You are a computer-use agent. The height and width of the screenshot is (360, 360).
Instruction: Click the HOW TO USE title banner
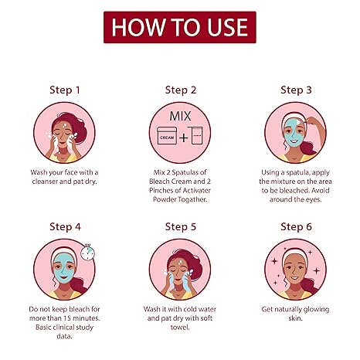[180, 27]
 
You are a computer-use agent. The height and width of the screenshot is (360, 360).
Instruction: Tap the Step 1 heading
[65, 90]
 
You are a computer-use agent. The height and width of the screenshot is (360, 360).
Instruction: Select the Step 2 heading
[181, 90]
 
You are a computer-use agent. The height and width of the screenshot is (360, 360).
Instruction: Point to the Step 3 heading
[296, 90]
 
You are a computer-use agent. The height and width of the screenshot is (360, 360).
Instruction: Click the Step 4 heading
[65, 227]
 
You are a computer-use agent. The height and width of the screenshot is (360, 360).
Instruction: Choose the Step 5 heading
[181, 227]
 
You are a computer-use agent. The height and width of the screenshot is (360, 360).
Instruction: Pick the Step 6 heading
[296, 227]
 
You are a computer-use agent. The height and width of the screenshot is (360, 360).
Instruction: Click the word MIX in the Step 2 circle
[180, 117]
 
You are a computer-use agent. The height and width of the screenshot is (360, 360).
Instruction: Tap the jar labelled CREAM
[167, 136]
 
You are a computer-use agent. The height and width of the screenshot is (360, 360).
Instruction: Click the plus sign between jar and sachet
[184, 138]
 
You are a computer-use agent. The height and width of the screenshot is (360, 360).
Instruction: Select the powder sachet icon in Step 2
[195, 135]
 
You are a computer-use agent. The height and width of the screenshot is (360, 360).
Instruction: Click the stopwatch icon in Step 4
[87, 252]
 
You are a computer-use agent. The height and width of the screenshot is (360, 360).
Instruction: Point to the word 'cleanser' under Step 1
[45, 182]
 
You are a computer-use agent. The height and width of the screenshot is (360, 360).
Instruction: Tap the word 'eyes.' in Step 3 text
[314, 200]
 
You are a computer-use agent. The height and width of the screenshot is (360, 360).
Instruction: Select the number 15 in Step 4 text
[67, 318]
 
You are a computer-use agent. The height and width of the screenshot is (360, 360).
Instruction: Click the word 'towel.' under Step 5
[180, 328]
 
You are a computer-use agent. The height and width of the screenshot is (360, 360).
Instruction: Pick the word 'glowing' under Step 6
[316, 310]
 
